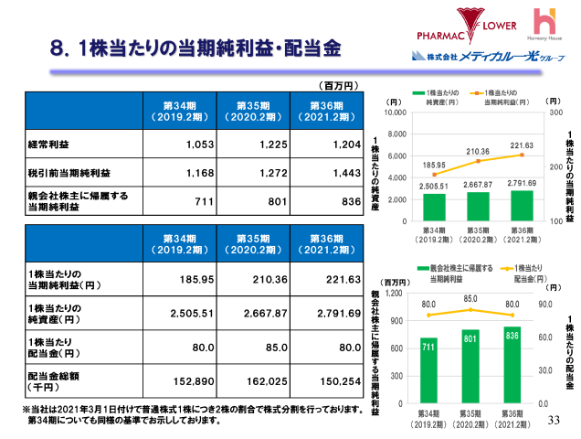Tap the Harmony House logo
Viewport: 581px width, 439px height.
546,27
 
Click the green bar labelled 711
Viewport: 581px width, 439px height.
428,370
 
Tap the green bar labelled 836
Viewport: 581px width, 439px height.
512,364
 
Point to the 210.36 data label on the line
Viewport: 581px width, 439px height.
478,152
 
